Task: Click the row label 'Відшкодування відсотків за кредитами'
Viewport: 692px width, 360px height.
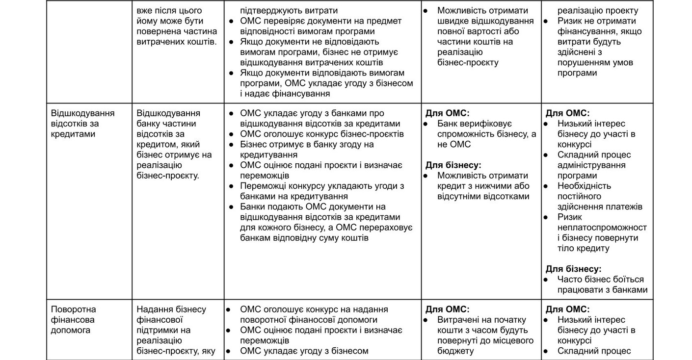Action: (x=82, y=124)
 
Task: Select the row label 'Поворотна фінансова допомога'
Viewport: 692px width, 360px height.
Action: (x=74, y=320)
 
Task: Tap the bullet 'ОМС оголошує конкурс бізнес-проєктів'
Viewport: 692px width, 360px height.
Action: (x=322, y=134)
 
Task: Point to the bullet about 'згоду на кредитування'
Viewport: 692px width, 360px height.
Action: (x=307, y=150)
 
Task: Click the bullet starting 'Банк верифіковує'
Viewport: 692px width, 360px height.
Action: (x=486, y=134)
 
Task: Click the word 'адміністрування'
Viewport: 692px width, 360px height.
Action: (x=591, y=165)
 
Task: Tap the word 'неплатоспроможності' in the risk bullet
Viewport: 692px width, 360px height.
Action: (x=602, y=228)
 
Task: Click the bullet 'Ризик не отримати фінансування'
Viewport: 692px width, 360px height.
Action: (x=599, y=47)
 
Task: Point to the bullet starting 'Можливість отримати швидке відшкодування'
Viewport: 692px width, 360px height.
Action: (x=485, y=36)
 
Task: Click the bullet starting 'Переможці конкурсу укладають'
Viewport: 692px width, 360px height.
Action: (x=322, y=191)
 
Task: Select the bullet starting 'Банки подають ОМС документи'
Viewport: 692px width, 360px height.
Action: (x=326, y=222)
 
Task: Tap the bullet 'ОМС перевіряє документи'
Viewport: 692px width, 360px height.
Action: (x=320, y=26)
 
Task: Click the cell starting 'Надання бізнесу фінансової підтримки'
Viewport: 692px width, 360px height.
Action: (x=176, y=330)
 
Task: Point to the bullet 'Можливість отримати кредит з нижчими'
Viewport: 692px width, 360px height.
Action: (x=483, y=186)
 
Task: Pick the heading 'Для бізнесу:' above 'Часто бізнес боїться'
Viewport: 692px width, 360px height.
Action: (x=573, y=269)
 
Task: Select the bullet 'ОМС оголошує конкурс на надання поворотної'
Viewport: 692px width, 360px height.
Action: (x=314, y=314)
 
